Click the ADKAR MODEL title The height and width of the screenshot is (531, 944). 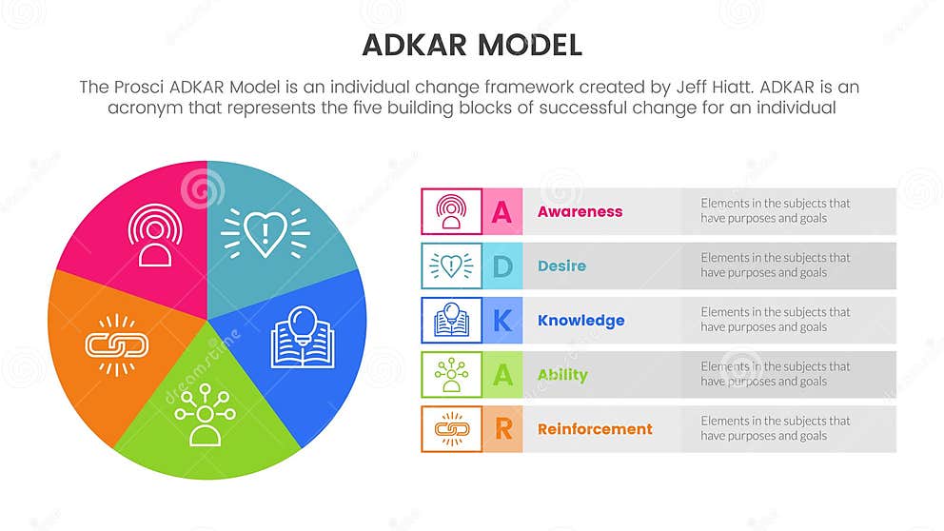(472, 45)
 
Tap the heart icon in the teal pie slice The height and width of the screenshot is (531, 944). (265, 231)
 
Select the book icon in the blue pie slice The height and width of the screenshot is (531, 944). (302, 338)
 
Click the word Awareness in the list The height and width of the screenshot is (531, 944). (580, 211)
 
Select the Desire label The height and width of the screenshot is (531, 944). (561, 265)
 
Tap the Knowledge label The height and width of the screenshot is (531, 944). (580, 321)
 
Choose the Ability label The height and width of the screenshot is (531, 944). (562, 375)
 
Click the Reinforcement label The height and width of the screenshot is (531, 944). (595, 429)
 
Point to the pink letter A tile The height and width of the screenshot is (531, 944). (501, 211)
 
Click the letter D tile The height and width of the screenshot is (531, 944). (501, 266)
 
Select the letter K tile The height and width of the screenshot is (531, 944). (501, 321)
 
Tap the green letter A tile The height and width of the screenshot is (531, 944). (501, 375)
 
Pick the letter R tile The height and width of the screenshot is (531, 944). (501, 429)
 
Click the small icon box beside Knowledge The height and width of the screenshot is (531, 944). (451, 321)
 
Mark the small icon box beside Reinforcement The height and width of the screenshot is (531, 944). (451, 429)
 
